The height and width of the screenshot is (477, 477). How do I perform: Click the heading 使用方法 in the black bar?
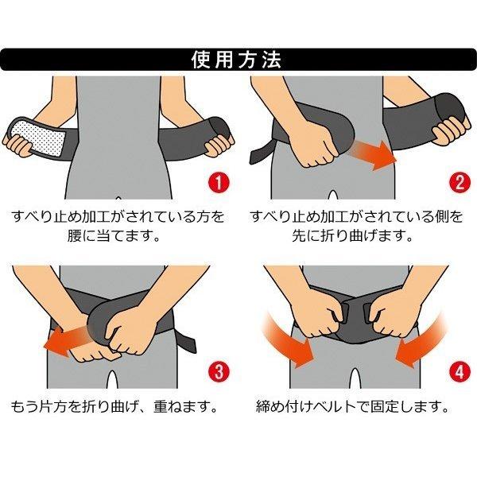236,60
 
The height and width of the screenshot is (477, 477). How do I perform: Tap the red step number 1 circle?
219,182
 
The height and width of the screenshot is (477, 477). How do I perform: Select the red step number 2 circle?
460,182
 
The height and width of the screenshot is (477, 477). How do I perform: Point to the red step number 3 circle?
219,372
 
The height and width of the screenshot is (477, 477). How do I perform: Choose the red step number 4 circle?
460,372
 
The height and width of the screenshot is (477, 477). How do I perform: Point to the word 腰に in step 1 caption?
81,236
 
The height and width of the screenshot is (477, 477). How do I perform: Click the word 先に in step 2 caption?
306,236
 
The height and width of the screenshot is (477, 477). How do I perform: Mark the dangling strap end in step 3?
186,340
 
